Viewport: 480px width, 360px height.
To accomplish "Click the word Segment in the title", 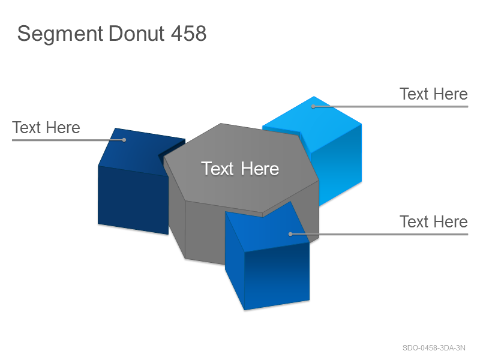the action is click(x=60, y=34).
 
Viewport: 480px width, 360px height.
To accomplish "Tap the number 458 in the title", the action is click(x=188, y=33).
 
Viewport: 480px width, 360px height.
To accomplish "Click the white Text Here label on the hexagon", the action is click(x=240, y=169).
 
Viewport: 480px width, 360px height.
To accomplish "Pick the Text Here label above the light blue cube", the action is click(x=433, y=94).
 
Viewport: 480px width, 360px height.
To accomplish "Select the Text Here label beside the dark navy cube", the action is click(x=46, y=127).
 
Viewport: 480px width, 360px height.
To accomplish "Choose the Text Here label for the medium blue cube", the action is click(x=433, y=221).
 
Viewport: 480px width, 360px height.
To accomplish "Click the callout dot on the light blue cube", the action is click(x=313, y=107).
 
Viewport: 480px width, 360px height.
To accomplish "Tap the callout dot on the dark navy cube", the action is click(x=124, y=140).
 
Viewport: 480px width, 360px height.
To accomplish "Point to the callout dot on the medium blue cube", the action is click(x=290, y=234).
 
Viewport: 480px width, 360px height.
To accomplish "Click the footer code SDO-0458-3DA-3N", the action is click(x=434, y=348).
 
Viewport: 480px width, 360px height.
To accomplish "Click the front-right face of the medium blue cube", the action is click(x=277, y=275).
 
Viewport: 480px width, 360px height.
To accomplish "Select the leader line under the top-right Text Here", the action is click(x=391, y=107).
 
